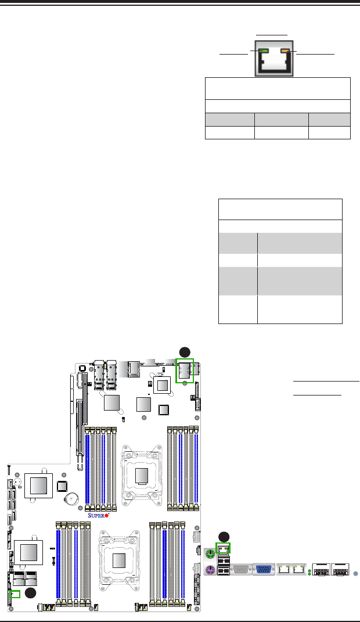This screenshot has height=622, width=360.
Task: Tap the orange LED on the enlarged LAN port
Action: pos(285,51)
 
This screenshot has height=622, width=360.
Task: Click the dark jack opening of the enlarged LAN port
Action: pos(274,63)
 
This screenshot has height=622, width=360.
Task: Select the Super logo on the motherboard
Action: pos(98,515)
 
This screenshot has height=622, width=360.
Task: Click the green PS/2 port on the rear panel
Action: pos(211,554)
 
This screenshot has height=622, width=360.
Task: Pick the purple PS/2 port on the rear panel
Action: pos(211,570)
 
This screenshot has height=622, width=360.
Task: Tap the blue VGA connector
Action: pos(264,569)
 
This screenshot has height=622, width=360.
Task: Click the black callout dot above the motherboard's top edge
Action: pos(185,352)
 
